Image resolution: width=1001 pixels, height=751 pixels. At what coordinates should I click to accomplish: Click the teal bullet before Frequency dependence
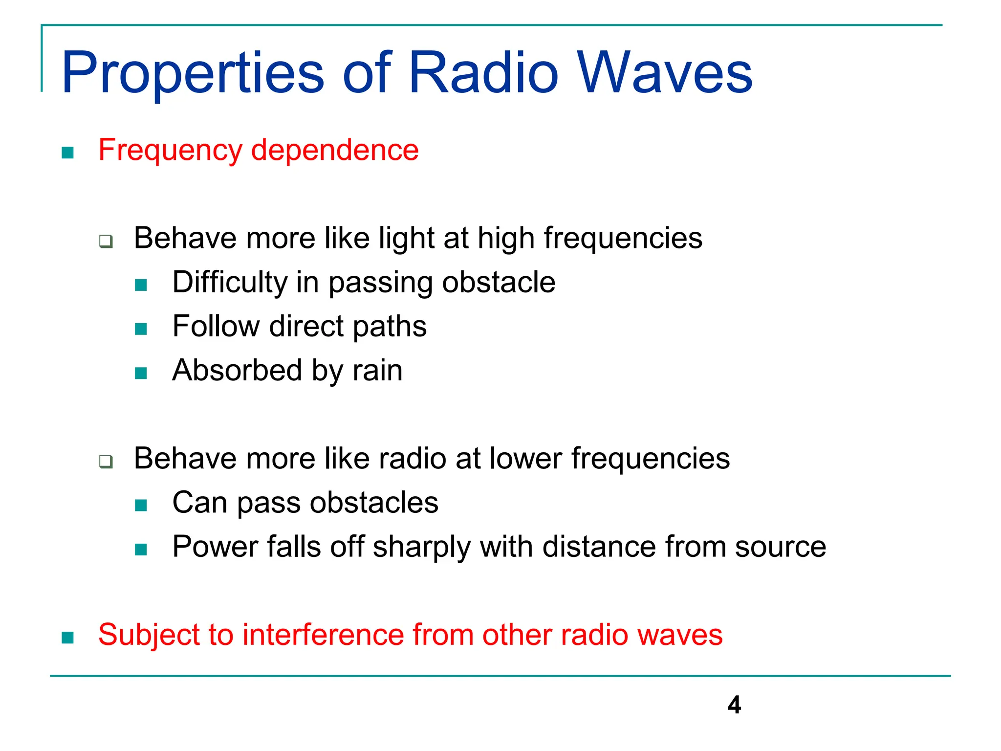[x=68, y=153]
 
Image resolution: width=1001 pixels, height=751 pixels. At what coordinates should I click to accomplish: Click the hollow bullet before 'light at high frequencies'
[x=106, y=241]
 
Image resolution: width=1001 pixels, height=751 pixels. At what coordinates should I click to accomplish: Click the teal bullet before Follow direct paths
[x=141, y=329]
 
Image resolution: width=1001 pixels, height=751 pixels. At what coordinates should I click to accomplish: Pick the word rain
[x=378, y=371]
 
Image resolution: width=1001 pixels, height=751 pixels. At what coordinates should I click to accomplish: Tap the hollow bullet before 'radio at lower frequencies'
[x=106, y=461]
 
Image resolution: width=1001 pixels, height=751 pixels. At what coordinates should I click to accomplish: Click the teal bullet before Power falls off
[x=141, y=550]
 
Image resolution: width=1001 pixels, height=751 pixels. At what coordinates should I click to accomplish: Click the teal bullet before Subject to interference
[x=68, y=638]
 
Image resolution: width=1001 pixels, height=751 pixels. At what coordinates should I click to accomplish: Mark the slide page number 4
[x=734, y=705]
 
